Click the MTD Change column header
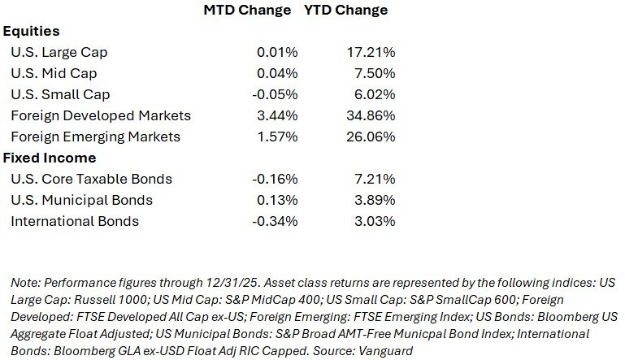pos(245,11)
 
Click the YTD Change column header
pos(345,11)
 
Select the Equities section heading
pos(32,32)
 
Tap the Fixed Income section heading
pos(50,158)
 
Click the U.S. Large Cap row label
pos(59,53)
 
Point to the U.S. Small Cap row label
pos(60,94)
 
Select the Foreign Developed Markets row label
pos(101,115)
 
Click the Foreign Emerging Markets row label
pos(106,137)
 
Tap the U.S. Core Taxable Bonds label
pos(91,179)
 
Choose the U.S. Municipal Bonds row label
pos(81,200)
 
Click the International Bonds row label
pos(75,221)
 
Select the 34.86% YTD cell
pos(371,115)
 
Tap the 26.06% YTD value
pos(371,137)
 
